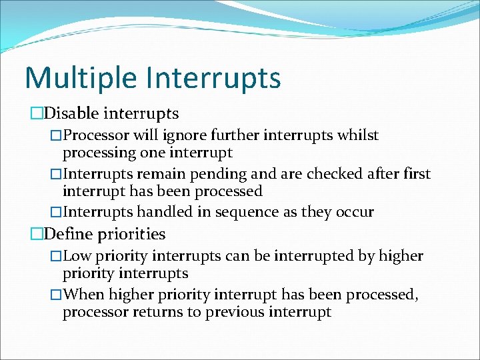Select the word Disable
[x=73, y=114]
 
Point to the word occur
[x=354, y=213]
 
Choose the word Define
[x=70, y=234]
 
